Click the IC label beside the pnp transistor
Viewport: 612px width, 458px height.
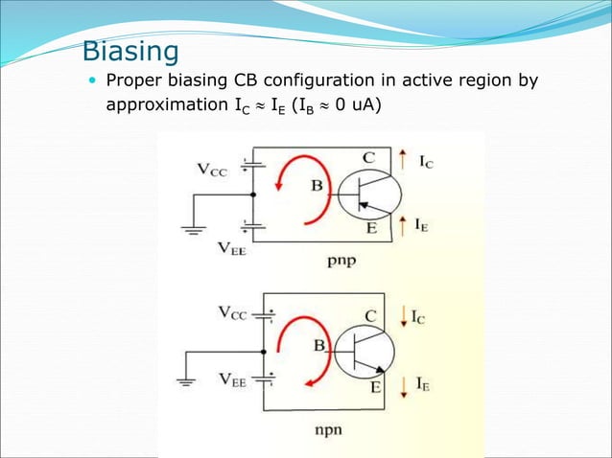pyautogui.click(x=423, y=164)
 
